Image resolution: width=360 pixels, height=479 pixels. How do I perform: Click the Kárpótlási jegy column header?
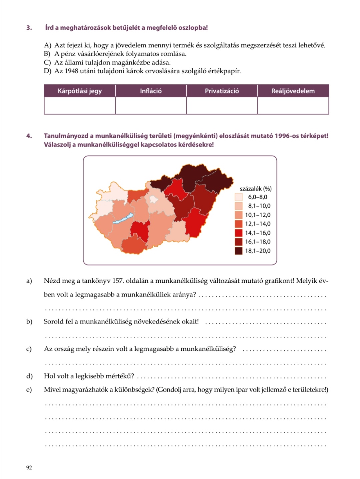click(x=80, y=91)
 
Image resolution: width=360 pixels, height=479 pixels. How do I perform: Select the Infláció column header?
click(x=151, y=91)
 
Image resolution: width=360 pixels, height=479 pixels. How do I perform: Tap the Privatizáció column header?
click(x=222, y=91)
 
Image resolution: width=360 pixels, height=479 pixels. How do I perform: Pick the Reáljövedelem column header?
click(x=293, y=91)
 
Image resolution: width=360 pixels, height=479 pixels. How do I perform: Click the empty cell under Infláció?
click(x=151, y=106)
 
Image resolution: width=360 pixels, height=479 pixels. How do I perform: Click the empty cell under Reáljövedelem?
click(x=293, y=106)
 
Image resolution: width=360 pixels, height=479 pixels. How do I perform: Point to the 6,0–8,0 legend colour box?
click(x=239, y=197)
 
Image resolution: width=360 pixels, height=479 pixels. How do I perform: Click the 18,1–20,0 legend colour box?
click(x=239, y=251)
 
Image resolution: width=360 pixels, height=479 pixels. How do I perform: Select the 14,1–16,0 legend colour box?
click(x=239, y=233)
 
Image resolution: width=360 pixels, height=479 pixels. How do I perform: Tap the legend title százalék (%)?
click(x=256, y=189)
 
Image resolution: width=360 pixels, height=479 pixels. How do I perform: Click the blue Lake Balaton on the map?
click(x=123, y=219)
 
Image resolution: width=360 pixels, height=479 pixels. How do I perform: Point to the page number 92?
click(x=29, y=468)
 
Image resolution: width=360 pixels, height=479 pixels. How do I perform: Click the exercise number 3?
click(x=29, y=28)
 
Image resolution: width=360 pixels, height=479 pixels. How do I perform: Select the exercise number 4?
click(x=29, y=136)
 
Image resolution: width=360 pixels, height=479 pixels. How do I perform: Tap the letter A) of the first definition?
click(x=47, y=45)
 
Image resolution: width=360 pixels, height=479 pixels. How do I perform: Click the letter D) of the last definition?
click(x=47, y=71)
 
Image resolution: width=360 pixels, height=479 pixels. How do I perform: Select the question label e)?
click(x=29, y=390)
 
